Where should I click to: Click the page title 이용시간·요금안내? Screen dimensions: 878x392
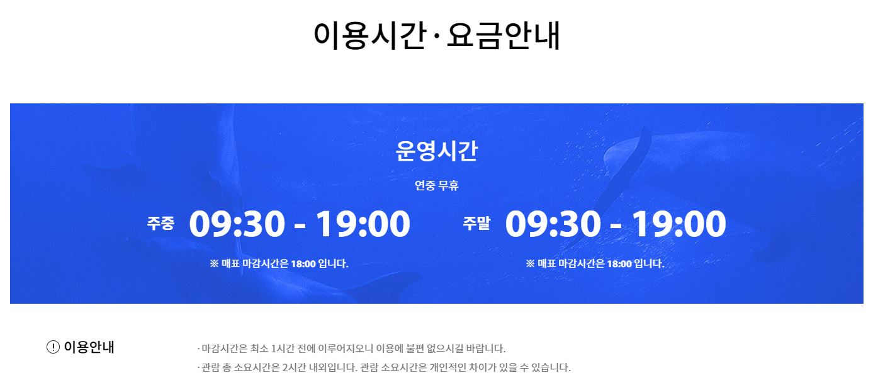437,36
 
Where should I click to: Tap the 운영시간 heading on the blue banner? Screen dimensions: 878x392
437,151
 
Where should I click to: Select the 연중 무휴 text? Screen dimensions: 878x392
437,185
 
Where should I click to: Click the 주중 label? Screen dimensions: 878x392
160,224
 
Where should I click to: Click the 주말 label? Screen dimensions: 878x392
476,223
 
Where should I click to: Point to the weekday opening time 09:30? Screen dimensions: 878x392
237,224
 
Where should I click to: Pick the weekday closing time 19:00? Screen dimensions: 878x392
363,224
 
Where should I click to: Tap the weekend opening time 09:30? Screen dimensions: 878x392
553,224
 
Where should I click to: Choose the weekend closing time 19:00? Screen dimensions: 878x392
679,224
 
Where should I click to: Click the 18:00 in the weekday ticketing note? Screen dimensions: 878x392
303,264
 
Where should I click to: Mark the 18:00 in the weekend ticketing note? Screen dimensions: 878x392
619,264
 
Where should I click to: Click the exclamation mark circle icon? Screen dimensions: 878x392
53,347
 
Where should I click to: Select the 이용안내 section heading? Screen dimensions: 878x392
89,347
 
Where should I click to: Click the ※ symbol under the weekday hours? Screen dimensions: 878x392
214,263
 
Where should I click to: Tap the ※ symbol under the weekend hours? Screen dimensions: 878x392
530,263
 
